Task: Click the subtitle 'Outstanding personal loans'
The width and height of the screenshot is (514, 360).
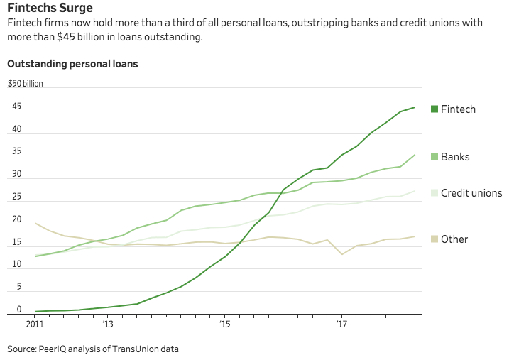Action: (x=72, y=64)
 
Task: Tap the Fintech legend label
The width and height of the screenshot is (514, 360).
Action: (x=458, y=109)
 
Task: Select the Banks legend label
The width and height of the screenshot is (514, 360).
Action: (x=455, y=157)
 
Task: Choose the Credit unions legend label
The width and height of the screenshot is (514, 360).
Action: (x=471, y=193)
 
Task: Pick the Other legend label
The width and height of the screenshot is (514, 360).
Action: (x=454, y=239)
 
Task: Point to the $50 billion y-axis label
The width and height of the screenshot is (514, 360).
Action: (x=26, y=84)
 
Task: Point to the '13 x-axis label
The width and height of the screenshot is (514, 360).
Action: (x=107, y=324)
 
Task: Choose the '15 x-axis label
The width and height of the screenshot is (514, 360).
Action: (x=224, y=324)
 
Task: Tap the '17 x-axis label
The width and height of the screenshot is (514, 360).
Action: (x=341, y=324)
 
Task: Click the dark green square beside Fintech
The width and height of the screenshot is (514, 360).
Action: (x=434, y=109)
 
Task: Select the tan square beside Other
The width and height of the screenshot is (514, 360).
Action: (x=434, y=239)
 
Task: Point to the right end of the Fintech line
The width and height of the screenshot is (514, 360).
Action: (x=415, y=107)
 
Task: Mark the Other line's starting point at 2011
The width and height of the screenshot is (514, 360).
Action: (x=35, y=224)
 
